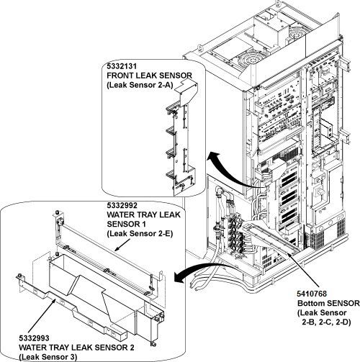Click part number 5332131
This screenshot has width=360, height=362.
coord(122,66)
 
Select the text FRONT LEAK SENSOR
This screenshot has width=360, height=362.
coord(150,76)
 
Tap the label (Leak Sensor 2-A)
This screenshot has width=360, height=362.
coord(140,85)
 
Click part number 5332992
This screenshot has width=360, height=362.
coord(122,206)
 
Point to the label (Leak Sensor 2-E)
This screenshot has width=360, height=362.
coord(140,233)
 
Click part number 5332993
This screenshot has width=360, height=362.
coord(34,338)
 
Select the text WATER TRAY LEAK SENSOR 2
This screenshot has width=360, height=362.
coord(76,348)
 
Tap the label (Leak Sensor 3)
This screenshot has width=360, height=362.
coord(48,357)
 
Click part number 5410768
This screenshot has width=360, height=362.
coord(312,294)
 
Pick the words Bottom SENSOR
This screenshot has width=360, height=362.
coord(328,303)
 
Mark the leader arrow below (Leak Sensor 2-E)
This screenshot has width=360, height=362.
coord(123,246)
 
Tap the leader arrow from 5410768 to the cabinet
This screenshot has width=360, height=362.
coord(303,269)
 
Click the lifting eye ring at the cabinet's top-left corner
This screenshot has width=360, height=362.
coord(200,47)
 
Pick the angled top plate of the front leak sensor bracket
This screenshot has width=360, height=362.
coord(187,92)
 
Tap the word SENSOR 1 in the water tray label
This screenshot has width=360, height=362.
coord(126,224)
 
